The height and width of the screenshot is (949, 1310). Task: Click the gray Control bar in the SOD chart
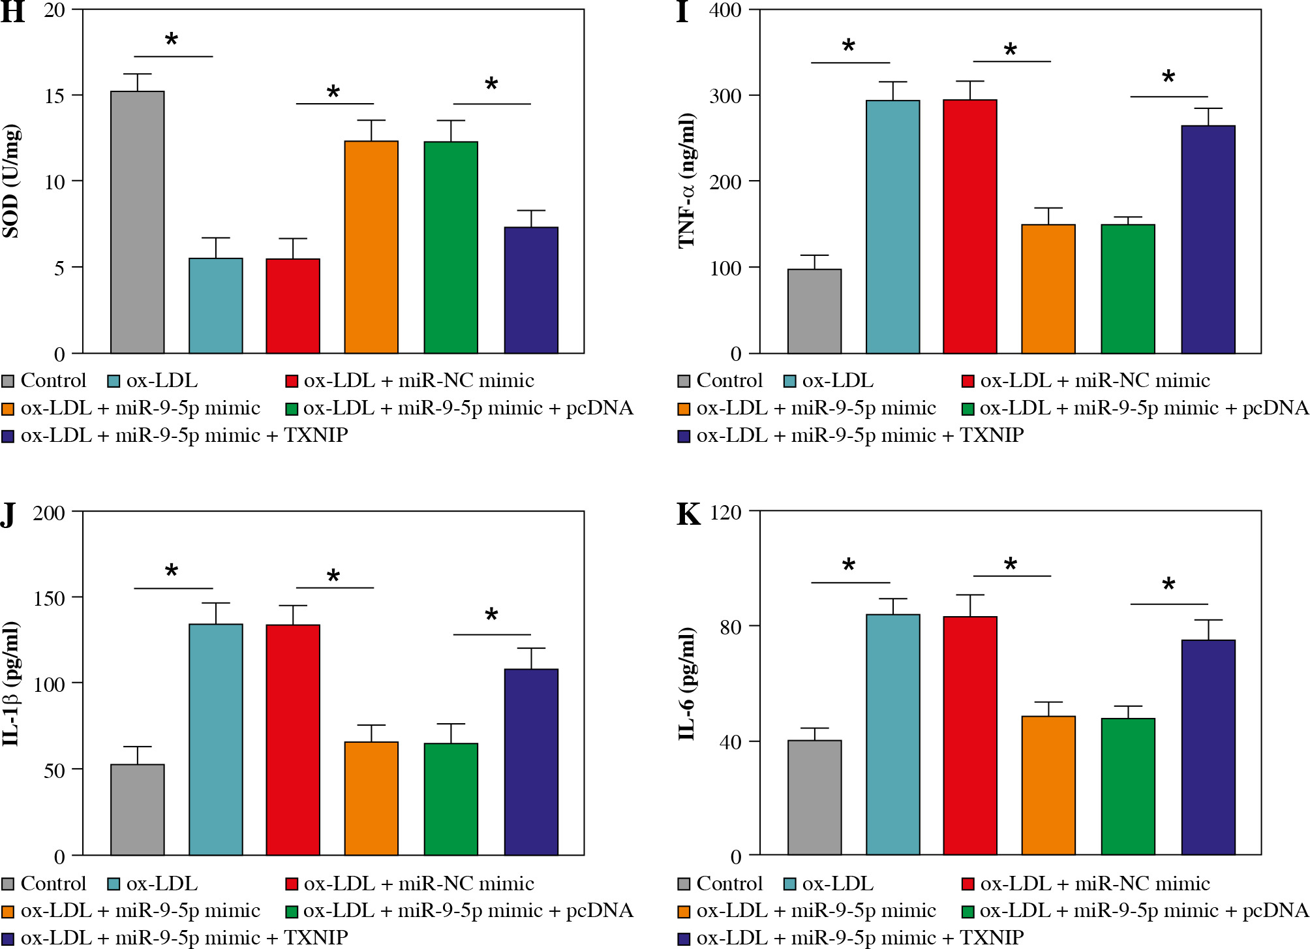coord(137,222)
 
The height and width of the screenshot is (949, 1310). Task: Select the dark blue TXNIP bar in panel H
coord(531,290)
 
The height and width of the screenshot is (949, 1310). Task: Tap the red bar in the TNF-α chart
coord(969,226)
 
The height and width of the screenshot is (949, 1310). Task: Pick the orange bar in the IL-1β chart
coord(371,798)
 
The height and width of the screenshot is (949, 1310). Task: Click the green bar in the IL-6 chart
coord(1128,786)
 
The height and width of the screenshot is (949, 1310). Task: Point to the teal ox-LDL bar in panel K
coord(892,734)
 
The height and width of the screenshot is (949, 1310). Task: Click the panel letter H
coord(13,13)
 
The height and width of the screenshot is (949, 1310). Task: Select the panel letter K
coord(689,514)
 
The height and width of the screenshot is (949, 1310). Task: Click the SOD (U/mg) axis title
coord(11,181)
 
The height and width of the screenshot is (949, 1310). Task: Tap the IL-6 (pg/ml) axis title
coord(687,683)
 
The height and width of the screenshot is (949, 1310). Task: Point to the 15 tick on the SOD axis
coord(55,96)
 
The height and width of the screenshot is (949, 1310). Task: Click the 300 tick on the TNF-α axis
coord(725,96)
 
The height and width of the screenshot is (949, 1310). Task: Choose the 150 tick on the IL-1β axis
coord(49,598)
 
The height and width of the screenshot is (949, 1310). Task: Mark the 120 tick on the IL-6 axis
coord(725,512)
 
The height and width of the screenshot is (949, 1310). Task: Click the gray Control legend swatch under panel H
coord(8,381)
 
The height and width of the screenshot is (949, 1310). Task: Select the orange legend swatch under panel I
coord(684,409)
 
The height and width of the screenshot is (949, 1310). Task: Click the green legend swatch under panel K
coord(968,911)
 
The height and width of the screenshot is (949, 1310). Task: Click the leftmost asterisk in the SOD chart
coord(172,40)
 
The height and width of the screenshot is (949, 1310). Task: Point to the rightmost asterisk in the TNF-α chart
coord(1168,78)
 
